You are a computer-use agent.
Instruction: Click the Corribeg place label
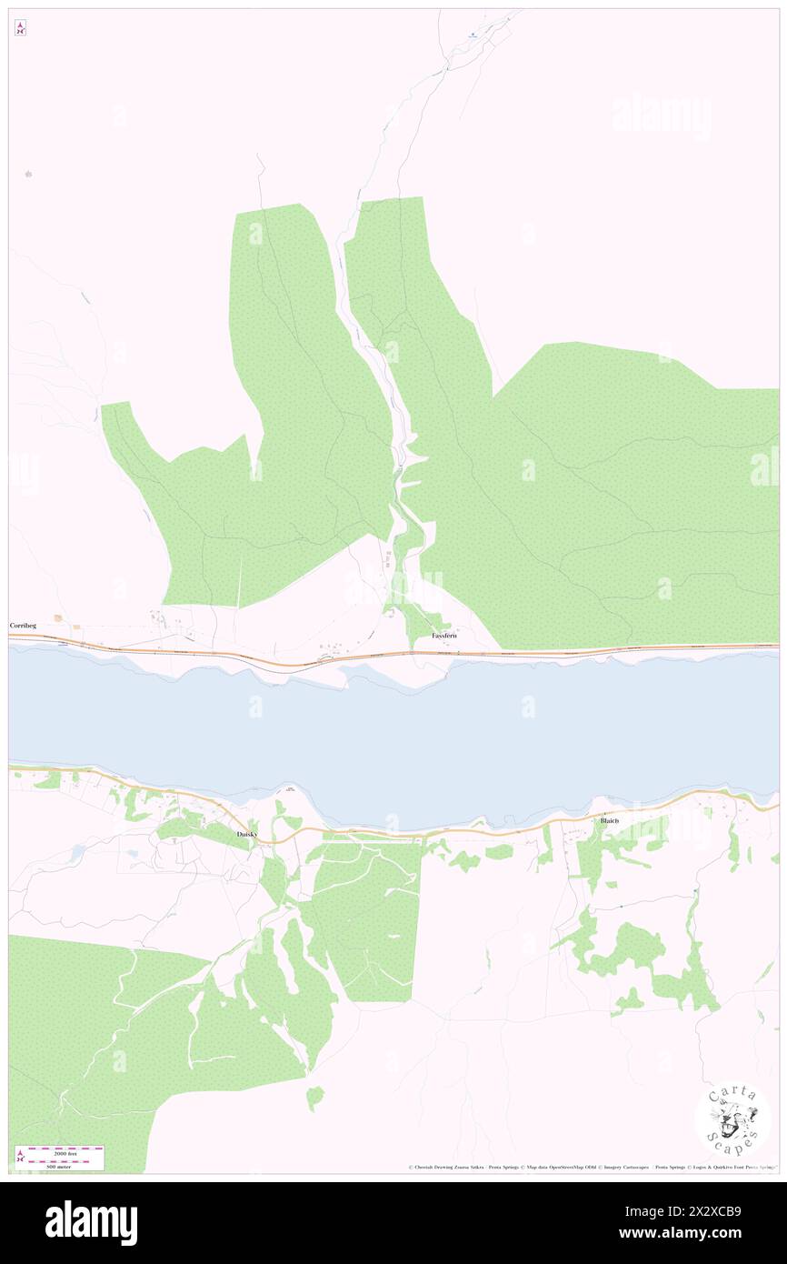tap(23, 627)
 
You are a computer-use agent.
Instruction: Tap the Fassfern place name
tap(444, 637)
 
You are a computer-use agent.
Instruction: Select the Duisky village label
tap(246, 834)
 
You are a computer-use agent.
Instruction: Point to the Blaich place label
tap(609, 821)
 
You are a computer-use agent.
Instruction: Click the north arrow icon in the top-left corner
tap(20, 28)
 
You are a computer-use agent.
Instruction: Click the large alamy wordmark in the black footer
tap(92, 1222)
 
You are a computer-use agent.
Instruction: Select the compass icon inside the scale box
tap(21, 1157)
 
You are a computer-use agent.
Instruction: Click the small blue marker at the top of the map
tap(473, 35)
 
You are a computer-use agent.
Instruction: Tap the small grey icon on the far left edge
tap(28, 173)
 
